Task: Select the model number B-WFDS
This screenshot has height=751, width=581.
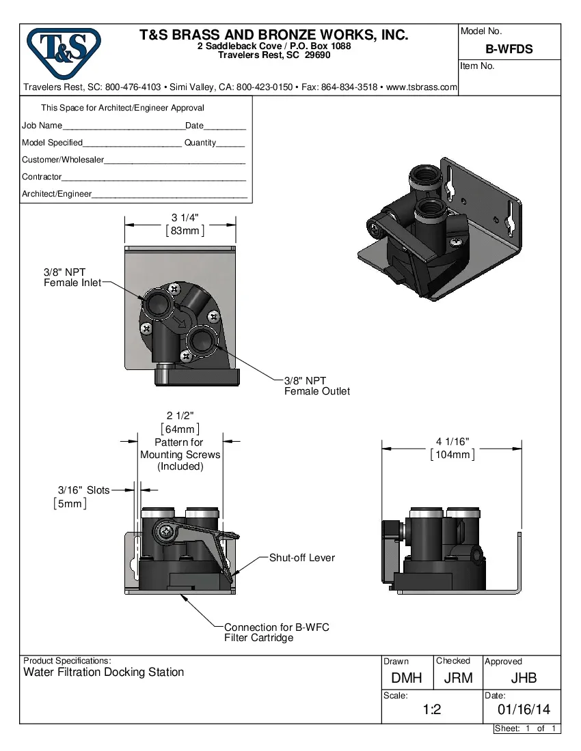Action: click(509, 49)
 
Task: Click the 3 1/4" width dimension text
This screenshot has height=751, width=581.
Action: click(185, 218)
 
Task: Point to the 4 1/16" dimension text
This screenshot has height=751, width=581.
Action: click(452, 442)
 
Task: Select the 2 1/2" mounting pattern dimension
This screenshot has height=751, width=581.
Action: click(180, 416)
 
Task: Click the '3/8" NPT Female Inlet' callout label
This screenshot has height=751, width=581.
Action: click(72, 277)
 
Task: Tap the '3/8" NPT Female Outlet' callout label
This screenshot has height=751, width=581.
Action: click(316, 386)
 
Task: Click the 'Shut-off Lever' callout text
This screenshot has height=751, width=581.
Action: click(302, 558)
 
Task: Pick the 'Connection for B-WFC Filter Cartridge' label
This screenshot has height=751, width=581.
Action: click(276, 632)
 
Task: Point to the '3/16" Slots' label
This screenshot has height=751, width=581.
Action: click(83, 490)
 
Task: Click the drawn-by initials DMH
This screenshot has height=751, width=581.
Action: click(407, 678)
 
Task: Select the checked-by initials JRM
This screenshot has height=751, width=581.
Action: click(458, 678)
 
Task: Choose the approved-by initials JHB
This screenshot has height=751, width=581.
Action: click(523, 678)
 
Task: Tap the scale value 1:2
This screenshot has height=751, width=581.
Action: click(431, 710)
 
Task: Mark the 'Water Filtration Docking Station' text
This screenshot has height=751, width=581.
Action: click(104, 672)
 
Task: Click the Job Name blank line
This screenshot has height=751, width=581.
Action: click(123, 127)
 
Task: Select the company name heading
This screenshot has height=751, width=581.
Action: click(274, 35)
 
